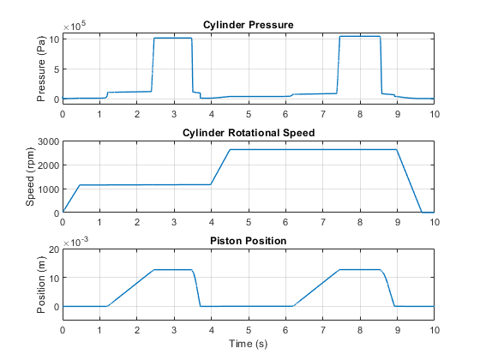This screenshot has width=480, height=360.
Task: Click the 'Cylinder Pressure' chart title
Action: click(249, 25)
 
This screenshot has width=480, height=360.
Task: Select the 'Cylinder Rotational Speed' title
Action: click(249, 133)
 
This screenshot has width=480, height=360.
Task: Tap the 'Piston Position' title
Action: click(249, 241)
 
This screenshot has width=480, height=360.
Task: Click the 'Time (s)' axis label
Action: click(249, 344)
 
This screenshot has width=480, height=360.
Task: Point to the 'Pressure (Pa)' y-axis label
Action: click(41, 69)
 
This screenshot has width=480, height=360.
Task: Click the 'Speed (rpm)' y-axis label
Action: click(30, 177)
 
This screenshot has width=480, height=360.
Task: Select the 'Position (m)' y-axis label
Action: click(41, 285)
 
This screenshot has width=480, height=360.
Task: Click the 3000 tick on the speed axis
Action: click(48, 141)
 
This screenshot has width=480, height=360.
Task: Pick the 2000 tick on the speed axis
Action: click(48, 165)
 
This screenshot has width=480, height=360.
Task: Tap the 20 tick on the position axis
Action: click(54, 249)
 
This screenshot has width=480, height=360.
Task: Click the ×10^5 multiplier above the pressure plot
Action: click(75, 26)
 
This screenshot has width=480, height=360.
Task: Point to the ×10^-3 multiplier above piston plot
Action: click(75, 242)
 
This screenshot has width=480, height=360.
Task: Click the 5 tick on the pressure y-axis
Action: click(57, 69)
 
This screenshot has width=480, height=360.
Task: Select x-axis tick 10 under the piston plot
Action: click(435, 330)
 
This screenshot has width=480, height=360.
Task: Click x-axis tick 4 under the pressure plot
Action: click(211, 115)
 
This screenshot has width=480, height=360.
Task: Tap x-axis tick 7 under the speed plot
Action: click(323, 222)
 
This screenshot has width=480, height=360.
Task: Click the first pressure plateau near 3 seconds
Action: click(173, 38)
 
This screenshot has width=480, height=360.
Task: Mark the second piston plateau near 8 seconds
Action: click(360, 270)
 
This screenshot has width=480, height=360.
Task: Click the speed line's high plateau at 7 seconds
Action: click(323, 149)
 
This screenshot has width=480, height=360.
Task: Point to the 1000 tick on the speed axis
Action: click(48, 189)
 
